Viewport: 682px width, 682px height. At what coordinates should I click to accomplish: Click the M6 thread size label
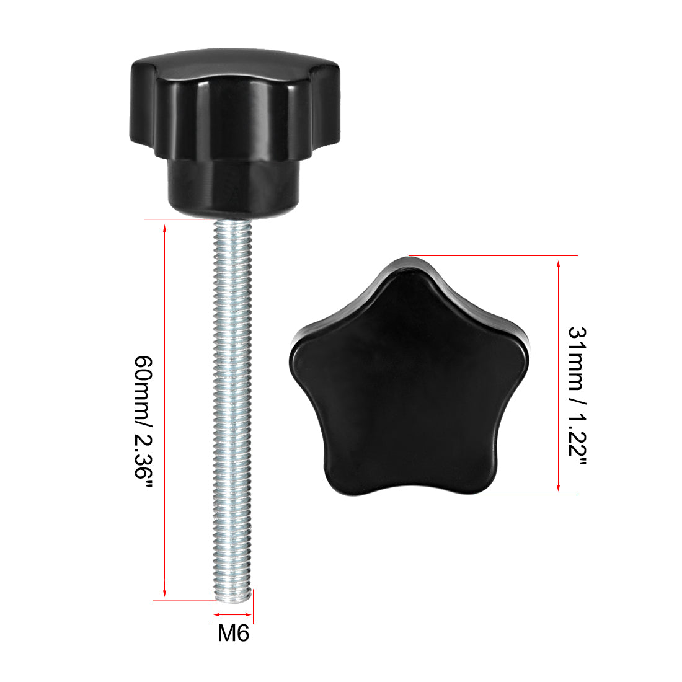[x=233, y=634]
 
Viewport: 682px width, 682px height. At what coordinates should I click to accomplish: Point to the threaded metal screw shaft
[x=233, y=403]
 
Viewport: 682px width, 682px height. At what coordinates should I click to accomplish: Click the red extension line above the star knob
[x=496, y=255]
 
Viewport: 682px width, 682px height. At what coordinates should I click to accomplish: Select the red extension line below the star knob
[x=527, y=495]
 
